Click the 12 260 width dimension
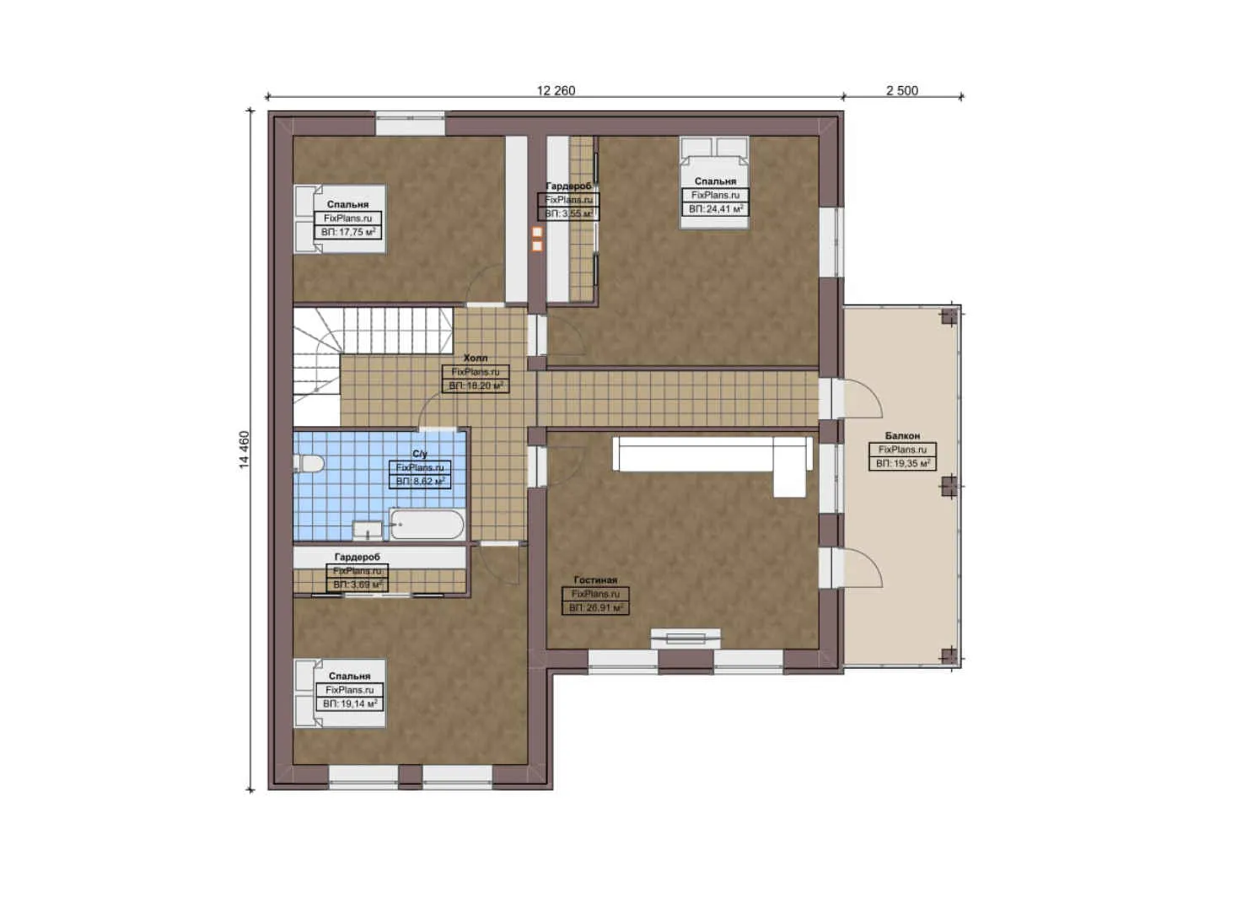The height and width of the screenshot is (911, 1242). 556,90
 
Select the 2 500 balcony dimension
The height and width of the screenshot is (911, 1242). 901,90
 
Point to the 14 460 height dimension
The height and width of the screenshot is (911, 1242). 244,450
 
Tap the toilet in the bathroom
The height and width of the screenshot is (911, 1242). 309,464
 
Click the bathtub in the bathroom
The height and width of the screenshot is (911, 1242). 426,524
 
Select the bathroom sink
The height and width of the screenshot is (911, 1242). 368,530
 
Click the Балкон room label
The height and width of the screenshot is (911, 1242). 902,436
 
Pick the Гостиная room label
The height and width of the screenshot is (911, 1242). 595,580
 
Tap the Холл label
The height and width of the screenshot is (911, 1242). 476,358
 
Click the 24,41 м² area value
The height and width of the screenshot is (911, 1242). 715,208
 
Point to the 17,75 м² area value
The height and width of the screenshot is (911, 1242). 348,231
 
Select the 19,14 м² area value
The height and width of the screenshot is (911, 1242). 350,703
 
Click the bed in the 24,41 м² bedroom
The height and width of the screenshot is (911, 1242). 714,181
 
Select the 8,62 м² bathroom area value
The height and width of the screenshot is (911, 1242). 420,481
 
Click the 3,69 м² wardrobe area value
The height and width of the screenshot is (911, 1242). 358,585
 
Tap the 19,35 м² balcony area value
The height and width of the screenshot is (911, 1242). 902,463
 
